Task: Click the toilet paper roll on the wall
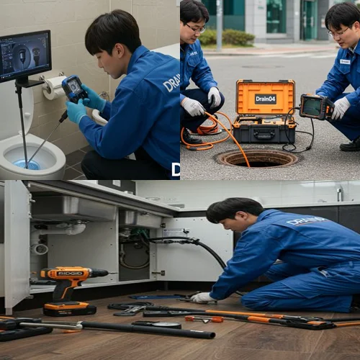53,87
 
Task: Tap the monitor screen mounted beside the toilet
24,55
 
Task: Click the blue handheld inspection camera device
74,88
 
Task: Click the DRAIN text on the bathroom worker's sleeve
171,82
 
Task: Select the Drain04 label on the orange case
265,98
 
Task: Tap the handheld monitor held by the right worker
315,107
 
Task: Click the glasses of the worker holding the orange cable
195,27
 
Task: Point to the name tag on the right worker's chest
345,62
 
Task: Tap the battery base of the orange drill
69,307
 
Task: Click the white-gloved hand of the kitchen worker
202,297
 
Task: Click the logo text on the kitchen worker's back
306,221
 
